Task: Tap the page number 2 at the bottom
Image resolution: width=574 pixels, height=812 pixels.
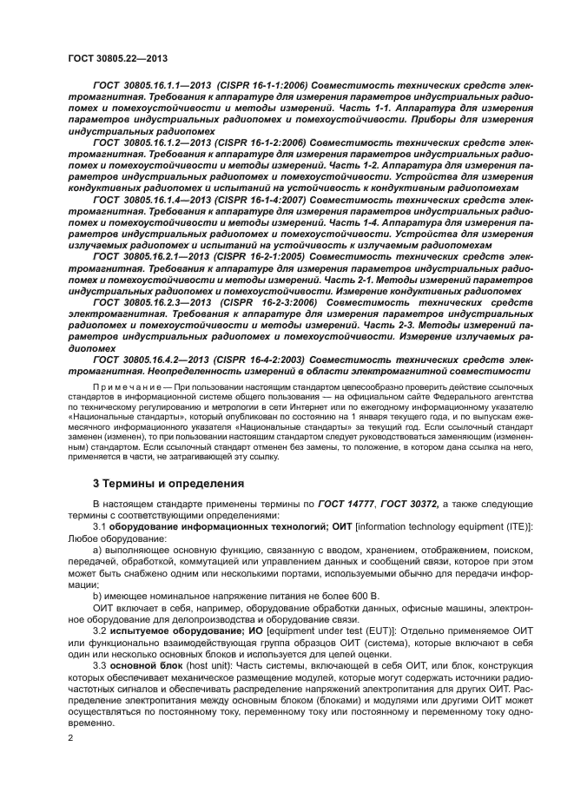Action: click(x=70, y=737)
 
